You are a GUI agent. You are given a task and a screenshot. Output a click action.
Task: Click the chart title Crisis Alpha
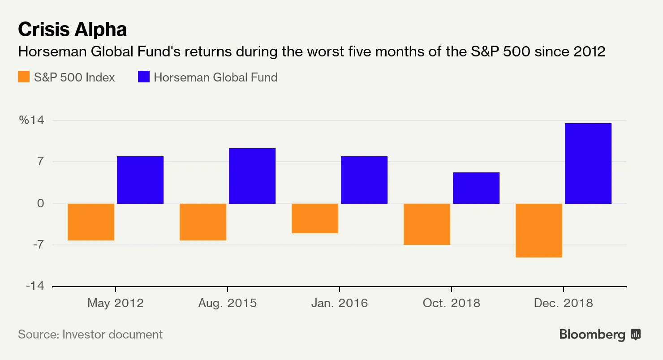[72, 30]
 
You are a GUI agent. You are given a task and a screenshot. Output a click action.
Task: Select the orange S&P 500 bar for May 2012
[91, 222]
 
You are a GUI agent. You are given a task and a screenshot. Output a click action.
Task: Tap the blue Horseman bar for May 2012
[140, 180]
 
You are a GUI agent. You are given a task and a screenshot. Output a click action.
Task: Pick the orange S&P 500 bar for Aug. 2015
[203, 222]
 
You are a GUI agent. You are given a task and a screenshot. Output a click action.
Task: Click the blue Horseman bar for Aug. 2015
[252, 176]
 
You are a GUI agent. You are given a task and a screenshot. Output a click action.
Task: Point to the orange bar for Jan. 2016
[315, 219]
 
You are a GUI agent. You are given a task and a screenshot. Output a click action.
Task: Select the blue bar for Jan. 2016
[364, 180]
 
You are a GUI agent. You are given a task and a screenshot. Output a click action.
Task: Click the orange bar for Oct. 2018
[427, 224]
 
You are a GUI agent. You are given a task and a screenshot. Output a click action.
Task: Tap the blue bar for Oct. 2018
[476, 188]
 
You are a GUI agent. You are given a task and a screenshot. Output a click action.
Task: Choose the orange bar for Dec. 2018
[539, 231]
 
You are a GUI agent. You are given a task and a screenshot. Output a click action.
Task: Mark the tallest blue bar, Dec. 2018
[588, 163]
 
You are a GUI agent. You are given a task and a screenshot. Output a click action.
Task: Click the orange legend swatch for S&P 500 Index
[23, 77]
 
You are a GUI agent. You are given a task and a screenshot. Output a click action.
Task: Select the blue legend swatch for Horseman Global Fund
[143, 77]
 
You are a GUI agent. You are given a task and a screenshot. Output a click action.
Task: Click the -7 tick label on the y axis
[38, 245]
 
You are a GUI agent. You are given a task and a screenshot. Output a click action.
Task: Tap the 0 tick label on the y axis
[41, 204]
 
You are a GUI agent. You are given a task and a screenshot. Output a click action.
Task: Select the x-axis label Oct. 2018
[451, 303]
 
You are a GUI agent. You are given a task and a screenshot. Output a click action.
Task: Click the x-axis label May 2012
[116, 303]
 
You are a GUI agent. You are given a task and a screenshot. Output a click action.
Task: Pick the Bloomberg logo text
[592, 334]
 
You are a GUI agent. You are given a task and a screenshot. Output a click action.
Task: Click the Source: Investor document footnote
[90, 334]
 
